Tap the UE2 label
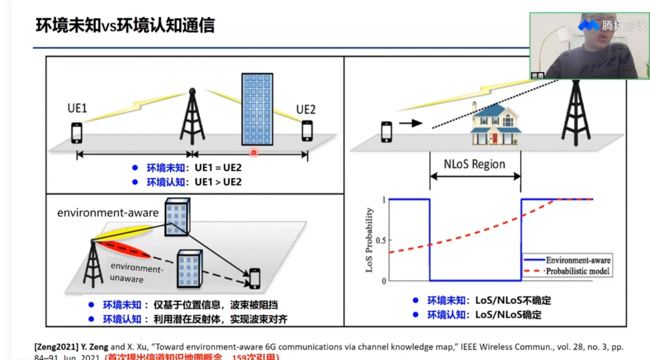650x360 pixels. point(306,109)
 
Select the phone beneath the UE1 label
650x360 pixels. point(77,133)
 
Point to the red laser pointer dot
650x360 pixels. point(254,152)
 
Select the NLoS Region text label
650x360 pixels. point(474,165)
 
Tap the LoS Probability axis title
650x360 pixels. point(370,240)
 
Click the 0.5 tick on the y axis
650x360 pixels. point(380,240)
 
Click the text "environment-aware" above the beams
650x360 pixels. point(107,213)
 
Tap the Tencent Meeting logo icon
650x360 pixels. point(589,25)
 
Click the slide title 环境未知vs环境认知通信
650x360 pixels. point(125,25)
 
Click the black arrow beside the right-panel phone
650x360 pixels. point(410,123)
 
